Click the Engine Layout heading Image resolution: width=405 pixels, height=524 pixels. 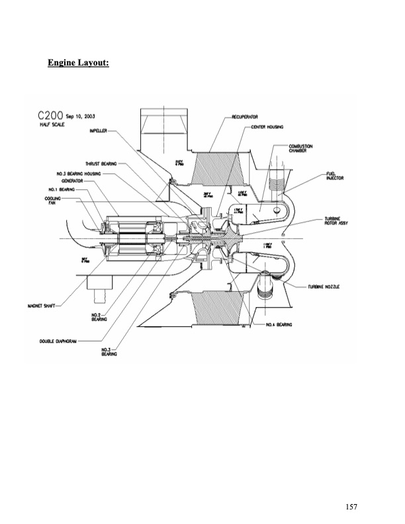(x=78, y=64)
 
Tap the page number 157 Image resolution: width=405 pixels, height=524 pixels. (x=351, y=506)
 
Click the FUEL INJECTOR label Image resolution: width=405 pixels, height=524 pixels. (x=332, y=176)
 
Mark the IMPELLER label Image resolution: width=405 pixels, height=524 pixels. (x=98, y=132)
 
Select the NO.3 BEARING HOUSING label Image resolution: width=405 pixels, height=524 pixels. (x=79, y=174)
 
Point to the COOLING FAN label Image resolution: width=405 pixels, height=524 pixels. (x=53, y=200)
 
